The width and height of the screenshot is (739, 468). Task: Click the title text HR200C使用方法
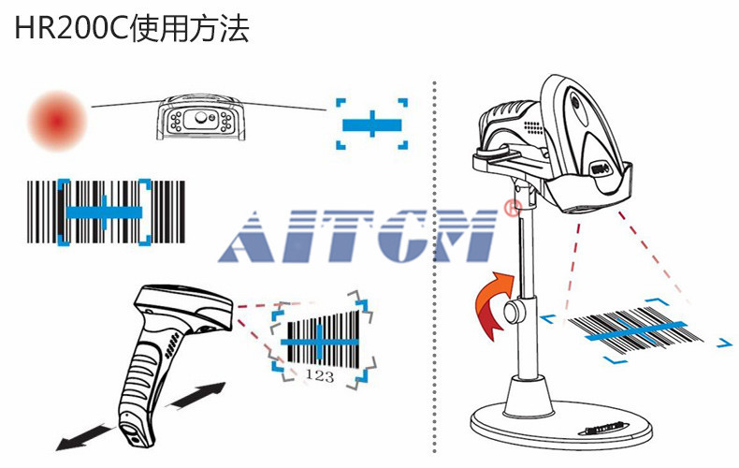132,30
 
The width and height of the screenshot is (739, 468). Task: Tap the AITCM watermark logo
360,236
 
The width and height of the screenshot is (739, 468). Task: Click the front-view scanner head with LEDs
202,117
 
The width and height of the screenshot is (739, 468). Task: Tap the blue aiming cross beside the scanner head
372,124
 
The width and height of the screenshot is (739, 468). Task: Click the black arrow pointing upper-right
199,393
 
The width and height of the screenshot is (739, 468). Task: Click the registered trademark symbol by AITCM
511,208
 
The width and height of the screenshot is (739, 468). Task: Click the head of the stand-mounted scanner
561,140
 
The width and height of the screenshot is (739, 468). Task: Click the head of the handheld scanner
187,309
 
